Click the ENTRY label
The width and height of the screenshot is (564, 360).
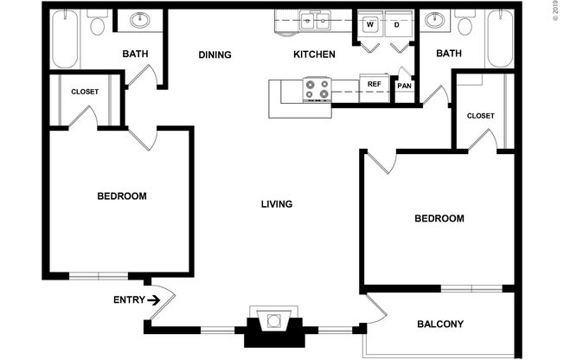pyautogui.click(x=129, y=300)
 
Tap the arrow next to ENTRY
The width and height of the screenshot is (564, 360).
pyautogui.click(x=154, y=300)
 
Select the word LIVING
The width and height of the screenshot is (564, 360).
pyautogui.click(x=277, y=204)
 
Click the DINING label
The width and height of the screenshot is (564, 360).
pyautogui.click(x=215, y=55)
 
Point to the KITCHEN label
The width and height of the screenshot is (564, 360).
pyautogui.click(x=314, y=55)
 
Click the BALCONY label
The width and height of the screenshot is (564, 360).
pyautogui.click(x=440, y=325)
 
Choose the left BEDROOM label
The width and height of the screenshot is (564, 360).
pyautogui.click(x=121, y=196)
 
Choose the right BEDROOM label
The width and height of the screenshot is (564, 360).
pyautogui.click(x=439, y=219)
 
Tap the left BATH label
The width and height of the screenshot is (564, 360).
pyautogui.click(x=135, y=55)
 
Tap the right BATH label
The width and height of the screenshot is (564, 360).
pyautogui.click(x=449, y=54)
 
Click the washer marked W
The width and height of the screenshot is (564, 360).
pyautogui.click(x=369, y=24)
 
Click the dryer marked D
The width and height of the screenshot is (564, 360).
pyautogui.click(x=397, y=24)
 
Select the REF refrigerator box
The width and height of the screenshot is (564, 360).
pyautogui.click(x=375, y=84)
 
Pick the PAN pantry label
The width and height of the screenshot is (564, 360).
pyautogui.click(x=404, y=86)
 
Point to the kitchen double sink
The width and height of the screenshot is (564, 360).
pyautogui.click(x=317, y=20)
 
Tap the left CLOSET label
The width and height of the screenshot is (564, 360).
pyautogui.click(x=85, y=92)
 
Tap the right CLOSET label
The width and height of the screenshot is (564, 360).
pyautogui.click(x=480, y=115)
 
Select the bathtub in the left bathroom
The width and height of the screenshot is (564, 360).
pyautogui.click(x=64, y=39)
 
